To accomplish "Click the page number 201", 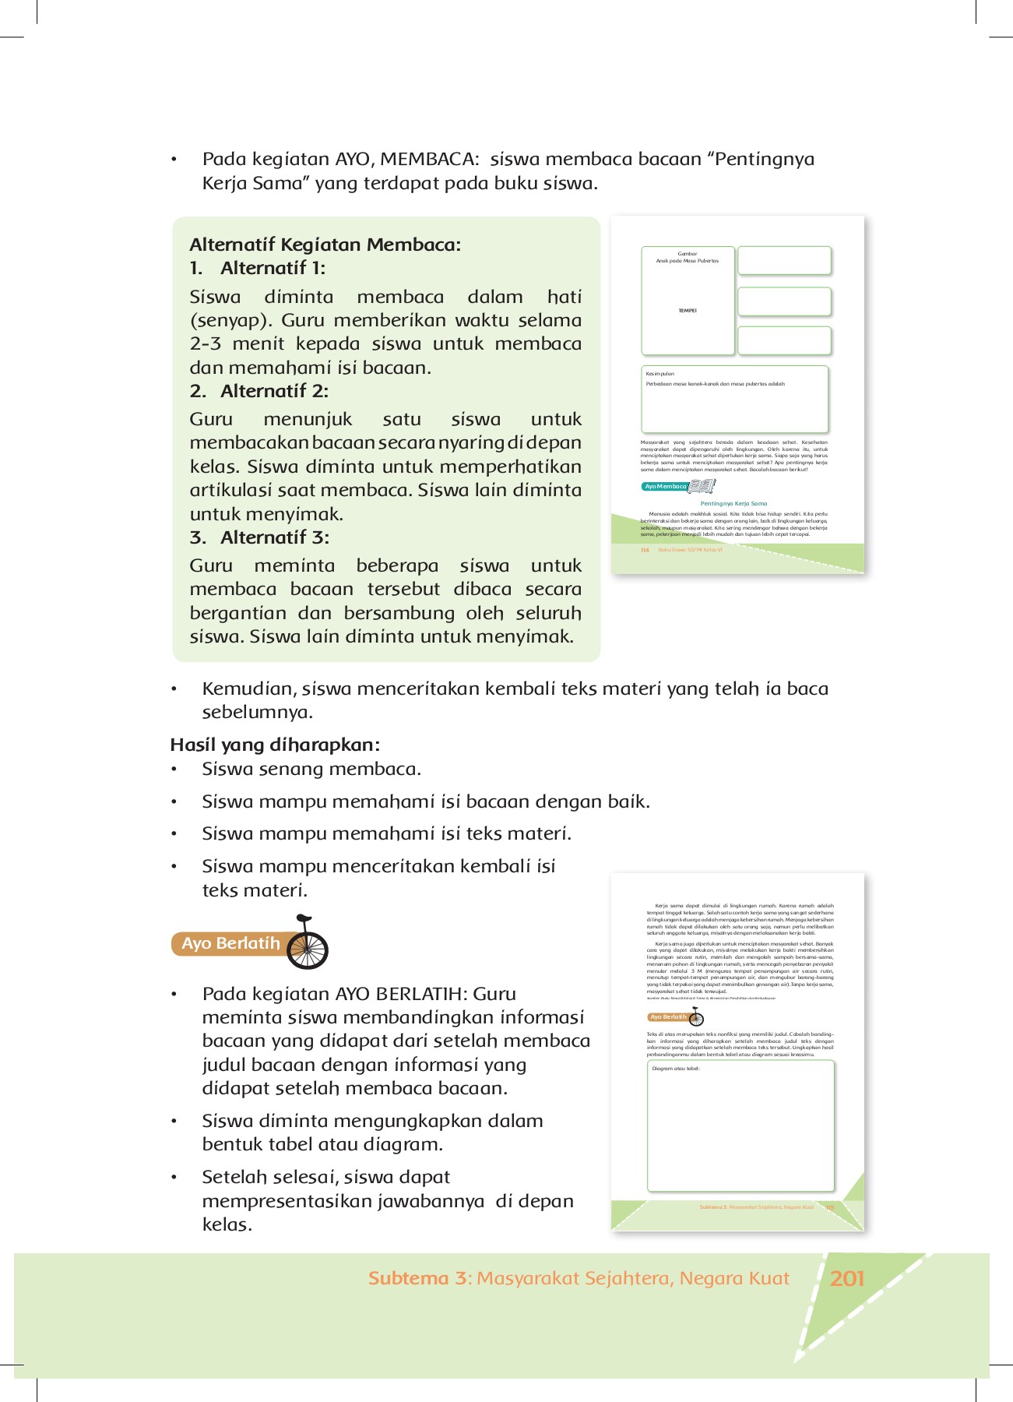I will (x=847, y=1278).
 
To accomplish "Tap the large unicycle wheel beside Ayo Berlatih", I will (x=308, y=948).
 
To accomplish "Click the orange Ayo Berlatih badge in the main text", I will (x=230, y=943).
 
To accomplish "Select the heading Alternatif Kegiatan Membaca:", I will (x=325, y=245).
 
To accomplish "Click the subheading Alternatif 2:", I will (x=273, y=391).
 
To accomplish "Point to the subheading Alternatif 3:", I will (x=274, y=537).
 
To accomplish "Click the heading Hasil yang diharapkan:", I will (x=275, y=745).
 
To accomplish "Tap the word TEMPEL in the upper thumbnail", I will (x=688, y=311).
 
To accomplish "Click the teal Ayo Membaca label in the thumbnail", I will (x=665, y=486).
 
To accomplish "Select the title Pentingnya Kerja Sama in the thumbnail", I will (x=733, y=503).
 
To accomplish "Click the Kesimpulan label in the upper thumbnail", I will (x=660, y=374).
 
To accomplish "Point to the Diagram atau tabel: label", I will (x=676, y=1069).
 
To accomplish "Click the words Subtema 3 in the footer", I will (x=418, y=1278).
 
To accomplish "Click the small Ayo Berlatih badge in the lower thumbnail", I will (x=669, y=1017).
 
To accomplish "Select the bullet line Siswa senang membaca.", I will (x=311, y=769).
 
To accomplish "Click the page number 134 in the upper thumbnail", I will (x=645, y=551).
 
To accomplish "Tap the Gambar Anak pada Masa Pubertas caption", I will (x=688, y=258).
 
